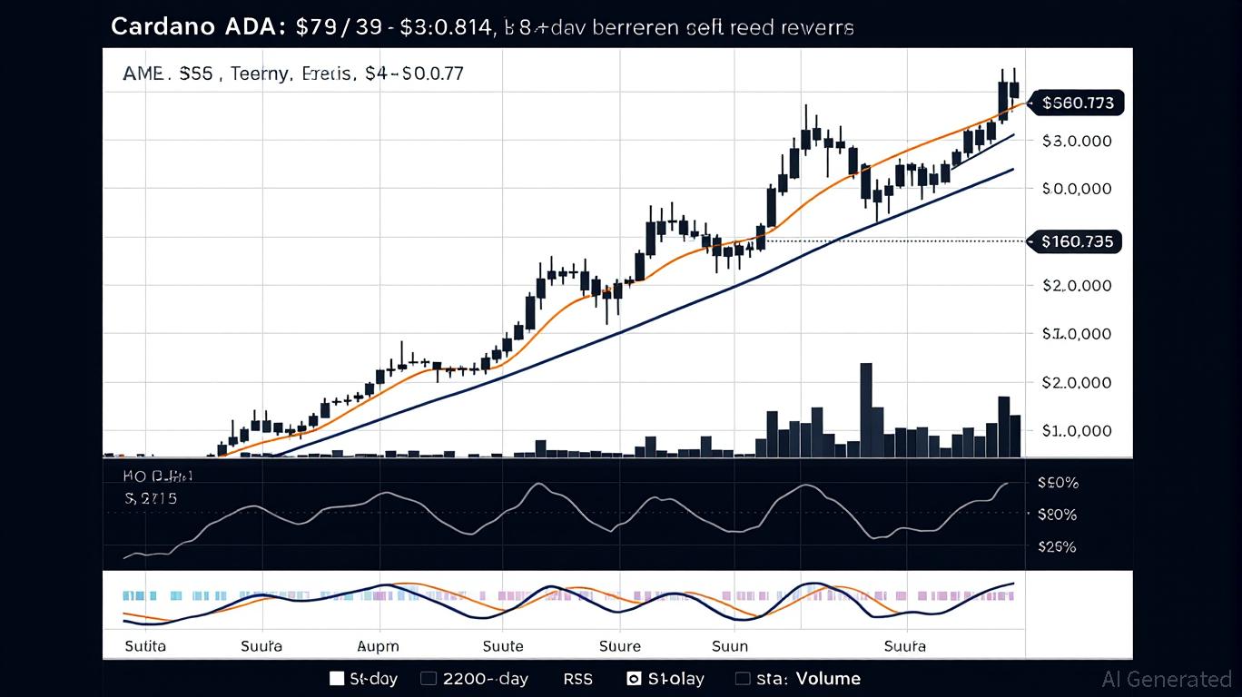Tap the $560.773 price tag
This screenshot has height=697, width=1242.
click(x=1078, y=103)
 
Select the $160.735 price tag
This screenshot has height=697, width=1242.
click(x=1077, y=241)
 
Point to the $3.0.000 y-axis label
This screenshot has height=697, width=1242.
click(x=1077, y=141)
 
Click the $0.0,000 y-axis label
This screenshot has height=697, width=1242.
click(x=1077, y=189)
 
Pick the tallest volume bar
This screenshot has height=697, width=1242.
click(x=866, y=409)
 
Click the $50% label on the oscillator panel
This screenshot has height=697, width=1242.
click(x=1057, y=483)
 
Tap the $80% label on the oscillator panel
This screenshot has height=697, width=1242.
click(x=1057, y=515)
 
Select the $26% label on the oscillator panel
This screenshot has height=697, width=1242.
click(x=1057, y=546)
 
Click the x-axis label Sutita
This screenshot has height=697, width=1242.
click(x=145, y=646)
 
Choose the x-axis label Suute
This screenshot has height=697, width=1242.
click(x=502, y=646)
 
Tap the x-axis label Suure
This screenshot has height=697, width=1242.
click(x=620, y=646)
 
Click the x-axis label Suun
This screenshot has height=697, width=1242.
click(x=730, y=646)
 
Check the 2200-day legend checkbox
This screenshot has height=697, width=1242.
click(x=429, y=678)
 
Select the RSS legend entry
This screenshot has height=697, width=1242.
click(x=577, y=678)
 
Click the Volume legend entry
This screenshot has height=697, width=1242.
click(x=828, y=678)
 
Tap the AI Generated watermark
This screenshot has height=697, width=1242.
click(x=1166, y=679)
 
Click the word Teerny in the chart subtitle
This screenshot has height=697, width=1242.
click(x=260, y=74)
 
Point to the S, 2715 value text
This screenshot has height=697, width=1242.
click(x=151, y=498)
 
